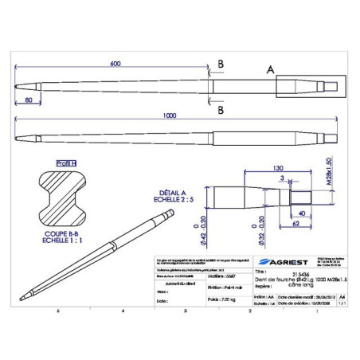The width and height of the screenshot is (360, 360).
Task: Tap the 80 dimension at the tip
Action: pos(28,100)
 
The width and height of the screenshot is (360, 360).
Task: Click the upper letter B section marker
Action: pos(220,65)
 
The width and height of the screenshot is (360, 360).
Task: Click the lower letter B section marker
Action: pos(220,100)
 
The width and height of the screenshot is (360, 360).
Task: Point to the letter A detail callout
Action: pos(270,71)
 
